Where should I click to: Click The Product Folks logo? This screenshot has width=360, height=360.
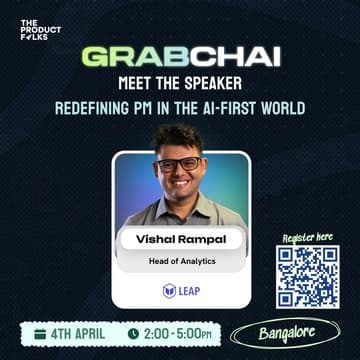pos(40,30)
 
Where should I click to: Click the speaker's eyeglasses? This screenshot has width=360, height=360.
pos(179,164)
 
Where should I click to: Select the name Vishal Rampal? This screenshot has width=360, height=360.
pos(179,239)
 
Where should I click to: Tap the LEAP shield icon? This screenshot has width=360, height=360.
pos(169,290)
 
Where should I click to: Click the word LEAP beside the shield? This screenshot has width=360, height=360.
pos(188,290)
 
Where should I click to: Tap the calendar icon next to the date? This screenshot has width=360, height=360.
pos(40,332)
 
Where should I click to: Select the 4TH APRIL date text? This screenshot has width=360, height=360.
pos(78,332)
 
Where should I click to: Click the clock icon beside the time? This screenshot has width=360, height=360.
pos(133,332)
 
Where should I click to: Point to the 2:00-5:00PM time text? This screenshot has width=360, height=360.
pos(178,332)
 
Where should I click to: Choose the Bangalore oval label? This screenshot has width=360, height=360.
pos(285,330)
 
